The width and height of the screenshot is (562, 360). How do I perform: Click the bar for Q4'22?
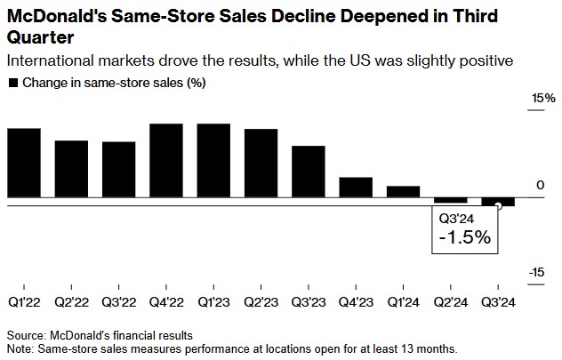point(166,160)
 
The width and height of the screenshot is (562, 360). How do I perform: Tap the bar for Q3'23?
point(309,171)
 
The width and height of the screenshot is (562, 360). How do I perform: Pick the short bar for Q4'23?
point(356,187)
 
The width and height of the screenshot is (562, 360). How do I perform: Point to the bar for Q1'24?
point(403,191)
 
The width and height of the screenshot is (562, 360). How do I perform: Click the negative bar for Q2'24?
point(451,200)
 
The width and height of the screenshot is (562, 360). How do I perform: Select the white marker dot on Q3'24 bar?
point(498,205)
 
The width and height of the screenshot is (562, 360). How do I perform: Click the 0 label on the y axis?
point(540,185)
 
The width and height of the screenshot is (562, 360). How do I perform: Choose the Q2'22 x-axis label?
point(71,302)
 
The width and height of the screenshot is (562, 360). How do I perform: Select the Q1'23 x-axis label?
point(213,302)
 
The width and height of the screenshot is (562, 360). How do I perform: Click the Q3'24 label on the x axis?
point(498,302)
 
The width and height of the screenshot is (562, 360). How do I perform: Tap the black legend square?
point(12,82)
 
